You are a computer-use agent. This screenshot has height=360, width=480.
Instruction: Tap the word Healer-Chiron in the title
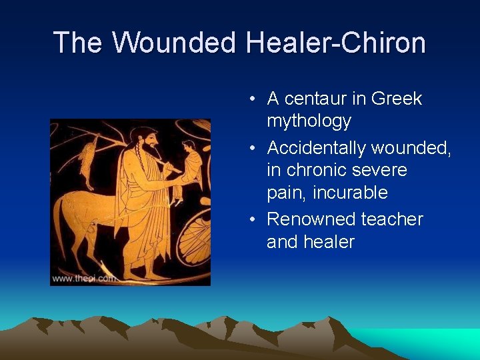[335, 43]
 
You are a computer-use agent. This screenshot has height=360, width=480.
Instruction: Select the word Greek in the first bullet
[397, 99]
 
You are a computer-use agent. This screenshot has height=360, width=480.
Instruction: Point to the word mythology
[309, 121]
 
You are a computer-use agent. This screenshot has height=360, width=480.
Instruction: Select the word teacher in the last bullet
[392, 219]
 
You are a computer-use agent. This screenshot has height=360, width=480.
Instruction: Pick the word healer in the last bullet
[330, 241]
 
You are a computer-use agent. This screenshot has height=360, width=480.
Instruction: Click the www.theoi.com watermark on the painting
[83, 278]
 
